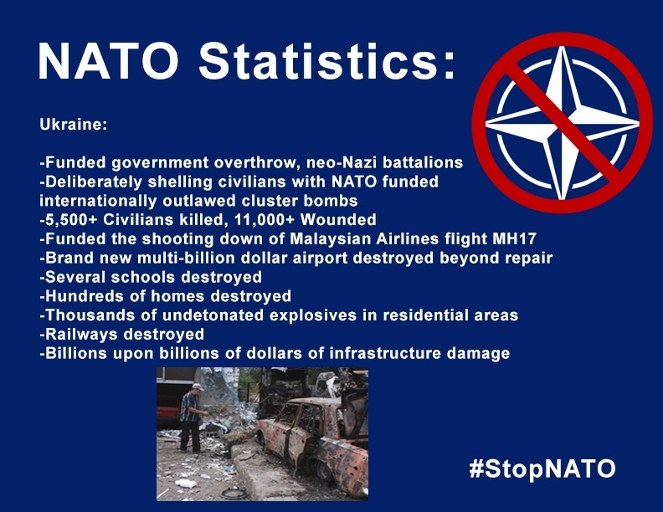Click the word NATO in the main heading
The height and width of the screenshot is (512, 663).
pyautogui.click(x=109, y=61)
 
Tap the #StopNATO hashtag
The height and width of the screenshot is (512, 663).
pyautogui.click(x=542, y=468)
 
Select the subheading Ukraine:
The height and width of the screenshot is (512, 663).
pyautogui.click(x=73, y=125)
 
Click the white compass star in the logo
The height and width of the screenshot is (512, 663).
pyautogui.click(x=563, y=123)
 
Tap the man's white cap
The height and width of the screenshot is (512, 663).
pyautogui.click(x=197, y=387)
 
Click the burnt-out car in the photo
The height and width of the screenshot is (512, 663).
pyautogui.click(x=313, y=443)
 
